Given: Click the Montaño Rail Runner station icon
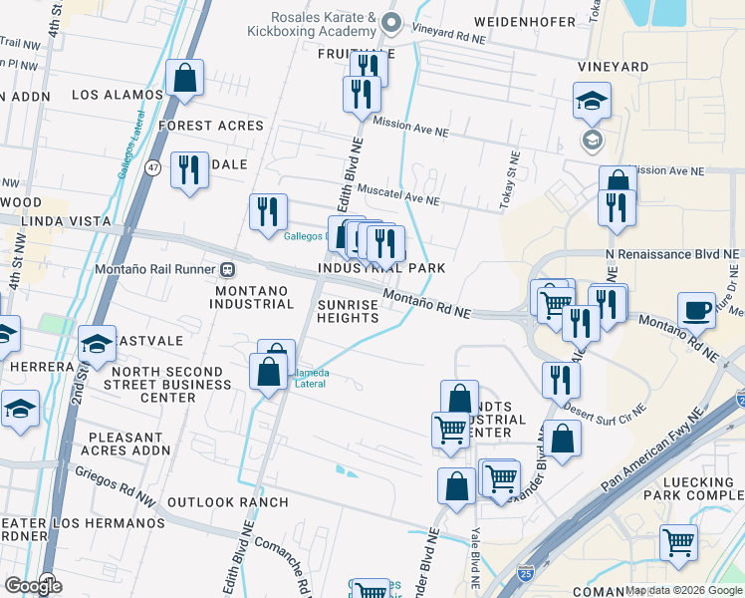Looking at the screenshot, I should pyautogui.click(x=228, y=269).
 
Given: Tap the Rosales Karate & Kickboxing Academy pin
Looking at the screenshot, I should pyautogui.click(x=391, y=22).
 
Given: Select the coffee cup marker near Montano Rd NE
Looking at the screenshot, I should pyautogui.click(x=696, y=309).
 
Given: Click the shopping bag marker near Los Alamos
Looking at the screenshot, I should pyautogui.click(x=185, y=78).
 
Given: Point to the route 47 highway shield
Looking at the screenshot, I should pyautogui.click(x=152, y=165).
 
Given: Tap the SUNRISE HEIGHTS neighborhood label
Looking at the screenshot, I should pyautogui.click(x=348, y=310).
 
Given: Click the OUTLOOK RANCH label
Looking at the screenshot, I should pyautogui.click(x=227, y=502).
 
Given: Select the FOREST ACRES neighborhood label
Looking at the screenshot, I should pyautogui.click(x=210, y=126).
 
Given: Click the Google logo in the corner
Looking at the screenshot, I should pyautogui.click(x=33, y=585).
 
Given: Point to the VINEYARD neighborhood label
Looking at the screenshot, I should pyautogui.click(x=613, y=67).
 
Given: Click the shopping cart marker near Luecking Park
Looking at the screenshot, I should pyautogui.click(x=679, y=543).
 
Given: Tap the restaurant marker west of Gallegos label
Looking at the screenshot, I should pyautogui.click(x=267, y=212).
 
